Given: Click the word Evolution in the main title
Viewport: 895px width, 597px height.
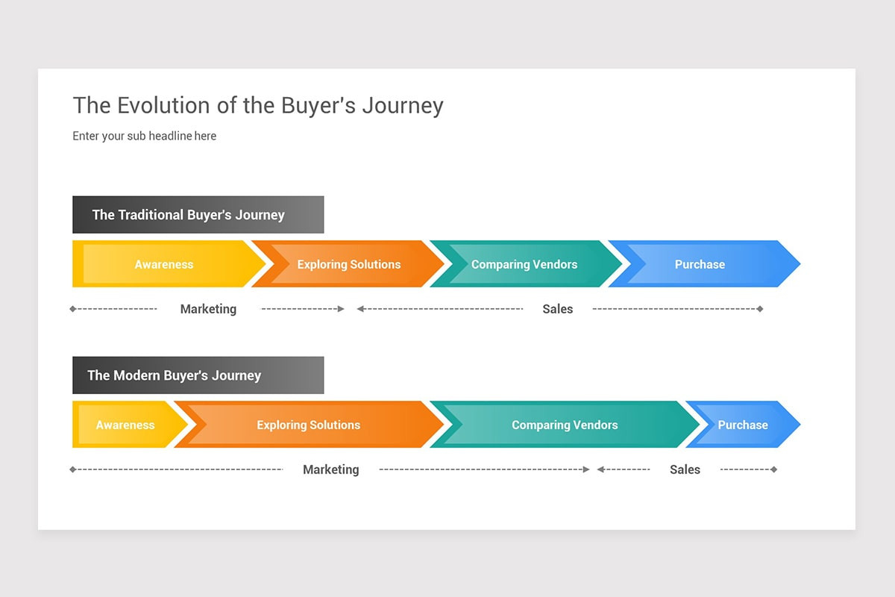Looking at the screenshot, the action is coord(163,105).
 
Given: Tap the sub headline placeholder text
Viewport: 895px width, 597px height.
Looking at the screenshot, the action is coord(144,136).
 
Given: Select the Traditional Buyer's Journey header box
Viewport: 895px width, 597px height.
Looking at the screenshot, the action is coord(198,215).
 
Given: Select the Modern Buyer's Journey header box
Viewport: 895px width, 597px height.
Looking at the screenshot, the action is coord(198,375).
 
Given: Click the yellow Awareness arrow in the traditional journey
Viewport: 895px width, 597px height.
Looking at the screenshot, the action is coord(164,264).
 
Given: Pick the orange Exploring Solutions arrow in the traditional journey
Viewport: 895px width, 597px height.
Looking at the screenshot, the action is coord(348,264).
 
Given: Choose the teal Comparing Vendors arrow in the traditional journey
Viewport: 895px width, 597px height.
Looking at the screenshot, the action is coord(524,264).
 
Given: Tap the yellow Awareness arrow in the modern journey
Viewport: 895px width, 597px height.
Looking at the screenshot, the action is coord(125,425).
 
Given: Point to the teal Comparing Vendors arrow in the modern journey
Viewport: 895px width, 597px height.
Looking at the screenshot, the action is coord(565,425).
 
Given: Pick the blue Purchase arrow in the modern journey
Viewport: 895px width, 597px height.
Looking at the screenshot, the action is coord(743,425).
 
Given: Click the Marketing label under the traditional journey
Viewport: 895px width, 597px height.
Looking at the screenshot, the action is coord(208,309).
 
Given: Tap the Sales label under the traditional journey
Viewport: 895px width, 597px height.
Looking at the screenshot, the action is coord(557,309).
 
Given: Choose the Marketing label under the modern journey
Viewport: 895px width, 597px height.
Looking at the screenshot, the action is coord(331,469).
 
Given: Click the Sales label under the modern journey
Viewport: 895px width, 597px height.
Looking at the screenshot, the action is coord(685,469).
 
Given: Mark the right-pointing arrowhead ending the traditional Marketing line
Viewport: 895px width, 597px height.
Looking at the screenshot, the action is coord(341,309).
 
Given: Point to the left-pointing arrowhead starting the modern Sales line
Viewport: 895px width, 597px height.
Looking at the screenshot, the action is coord(600,469).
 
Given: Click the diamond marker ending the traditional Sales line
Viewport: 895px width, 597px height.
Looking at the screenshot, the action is coord(760,309).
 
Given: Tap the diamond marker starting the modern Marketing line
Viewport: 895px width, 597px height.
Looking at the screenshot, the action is coord(73,469).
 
